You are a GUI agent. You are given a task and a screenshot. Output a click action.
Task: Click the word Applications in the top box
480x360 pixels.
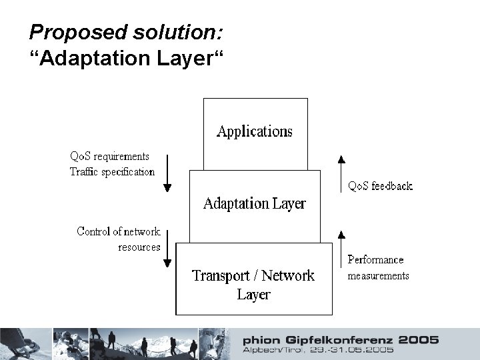(255, 131)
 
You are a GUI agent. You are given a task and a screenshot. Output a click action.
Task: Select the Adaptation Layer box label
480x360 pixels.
(254, 203)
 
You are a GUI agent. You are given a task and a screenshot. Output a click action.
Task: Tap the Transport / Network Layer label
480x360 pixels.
(253, 284)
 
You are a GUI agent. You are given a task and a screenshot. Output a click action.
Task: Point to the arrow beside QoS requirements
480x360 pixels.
(167, 171)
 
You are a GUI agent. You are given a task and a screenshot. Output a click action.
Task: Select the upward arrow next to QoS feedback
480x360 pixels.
(341, 171)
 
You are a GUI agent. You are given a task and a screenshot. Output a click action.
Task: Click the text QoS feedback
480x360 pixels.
(381, 186)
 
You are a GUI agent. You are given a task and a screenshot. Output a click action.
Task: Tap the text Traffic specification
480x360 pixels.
(112, 171)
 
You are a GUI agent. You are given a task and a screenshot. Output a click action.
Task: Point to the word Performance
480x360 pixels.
(376, 259)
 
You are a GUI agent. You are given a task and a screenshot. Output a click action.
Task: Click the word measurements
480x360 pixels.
(378, 275)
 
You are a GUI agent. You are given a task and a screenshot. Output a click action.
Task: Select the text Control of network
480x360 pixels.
(119, 231)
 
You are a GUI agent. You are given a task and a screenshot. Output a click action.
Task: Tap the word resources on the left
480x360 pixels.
(139, 247)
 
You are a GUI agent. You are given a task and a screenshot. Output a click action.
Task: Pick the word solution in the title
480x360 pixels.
(153, 31)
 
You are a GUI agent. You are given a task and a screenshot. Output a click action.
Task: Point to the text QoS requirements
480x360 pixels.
(110, 157)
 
